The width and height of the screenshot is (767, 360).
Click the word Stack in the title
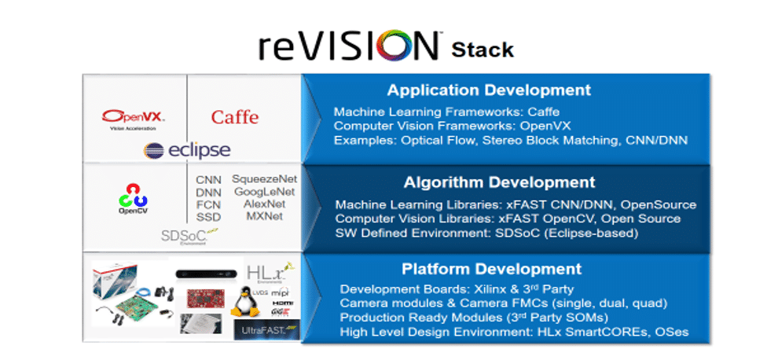[483, 50]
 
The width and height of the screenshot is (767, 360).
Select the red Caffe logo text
[234, 117]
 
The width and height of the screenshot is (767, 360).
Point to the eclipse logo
[187, 151]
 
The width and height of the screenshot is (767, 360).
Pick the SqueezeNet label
[265, 179]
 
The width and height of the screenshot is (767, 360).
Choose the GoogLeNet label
[265, 191]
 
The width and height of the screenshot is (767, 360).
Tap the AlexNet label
[265, 203]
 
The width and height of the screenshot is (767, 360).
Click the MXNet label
[265, 215]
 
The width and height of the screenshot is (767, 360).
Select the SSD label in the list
[208, 216]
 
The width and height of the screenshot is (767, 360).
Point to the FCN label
[208, 204]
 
